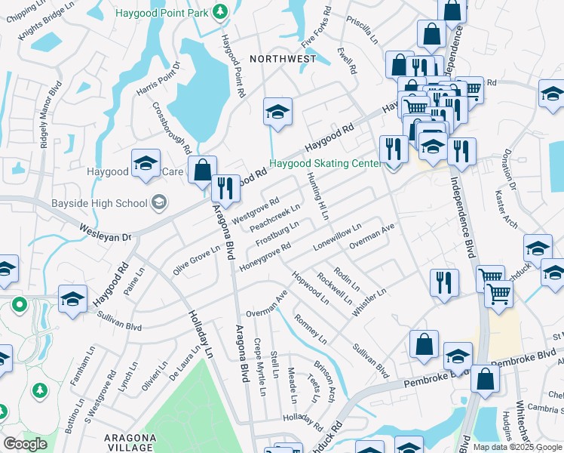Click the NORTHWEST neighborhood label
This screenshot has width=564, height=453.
pyautogui.click(x=283, y=58)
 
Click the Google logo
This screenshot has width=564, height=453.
pyautogui.click(x=26, y=444)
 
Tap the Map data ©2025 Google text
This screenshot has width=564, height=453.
pyautogui.click(x=517, y=447)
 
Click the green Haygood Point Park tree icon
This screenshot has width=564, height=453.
pyautogui.click(x=219, y=11)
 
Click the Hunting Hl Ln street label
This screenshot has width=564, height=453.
pyautogui.click(x=318, y=196)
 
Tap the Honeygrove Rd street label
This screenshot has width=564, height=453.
pyautogui.click(x=265, y=257)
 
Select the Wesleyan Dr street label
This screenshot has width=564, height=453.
pyautogui.click(x=106, y=232)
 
